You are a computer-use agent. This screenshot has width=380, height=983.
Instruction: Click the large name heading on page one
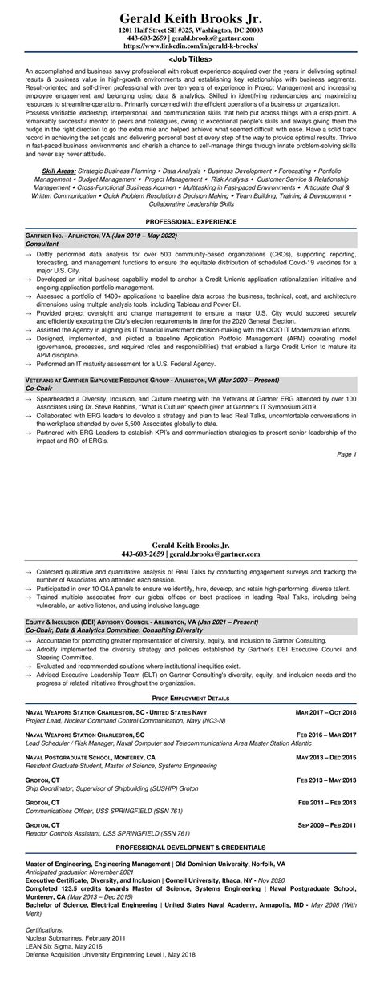pos(190,17)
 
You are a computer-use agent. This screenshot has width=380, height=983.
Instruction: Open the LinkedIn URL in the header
pos(190,46)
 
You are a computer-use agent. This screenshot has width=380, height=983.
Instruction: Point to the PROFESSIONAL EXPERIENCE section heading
pos(190,220)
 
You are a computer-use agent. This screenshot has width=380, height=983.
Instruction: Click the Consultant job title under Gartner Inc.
pos(42,243)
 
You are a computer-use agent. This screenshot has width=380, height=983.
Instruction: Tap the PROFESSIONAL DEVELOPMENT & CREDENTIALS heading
pos(190,846)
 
